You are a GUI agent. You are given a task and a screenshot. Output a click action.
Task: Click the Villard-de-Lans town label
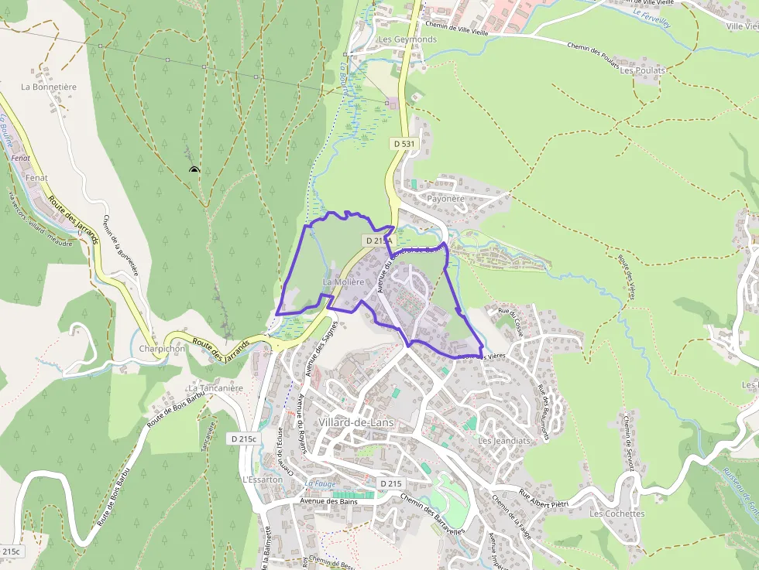coord(355,422)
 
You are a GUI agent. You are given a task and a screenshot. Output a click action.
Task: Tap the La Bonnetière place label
coord(49,87)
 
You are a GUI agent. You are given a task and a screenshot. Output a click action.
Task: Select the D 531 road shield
coord(403,144)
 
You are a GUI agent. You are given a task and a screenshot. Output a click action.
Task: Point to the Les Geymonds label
coord(407,39)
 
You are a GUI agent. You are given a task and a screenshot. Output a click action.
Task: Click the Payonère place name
coord(445,199)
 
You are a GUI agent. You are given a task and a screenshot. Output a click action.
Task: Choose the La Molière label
coord(342,283)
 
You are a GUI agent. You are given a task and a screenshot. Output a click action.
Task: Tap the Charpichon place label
coord(162,349)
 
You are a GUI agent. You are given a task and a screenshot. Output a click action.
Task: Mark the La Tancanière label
coord(215,388)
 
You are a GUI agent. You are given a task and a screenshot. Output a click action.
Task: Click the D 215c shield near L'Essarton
coord(244,439)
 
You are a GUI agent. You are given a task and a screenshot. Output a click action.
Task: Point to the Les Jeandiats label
coord(504,441)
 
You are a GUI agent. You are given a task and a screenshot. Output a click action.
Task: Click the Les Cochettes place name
coord(616,514)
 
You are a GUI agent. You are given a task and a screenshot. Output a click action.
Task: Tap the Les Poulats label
coord(642,70)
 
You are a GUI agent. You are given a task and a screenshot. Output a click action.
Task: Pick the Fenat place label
coord(36,178)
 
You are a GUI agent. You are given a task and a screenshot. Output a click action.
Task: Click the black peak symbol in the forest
coord(194,170)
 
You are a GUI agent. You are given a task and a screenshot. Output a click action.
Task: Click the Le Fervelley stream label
coord(651,18)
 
